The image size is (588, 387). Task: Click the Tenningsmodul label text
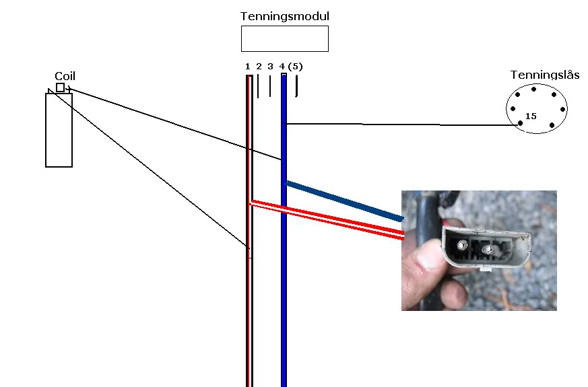pyautogui.click(x=285, y=16)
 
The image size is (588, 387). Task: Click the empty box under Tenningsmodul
pyautogui.click(x=285, y=38)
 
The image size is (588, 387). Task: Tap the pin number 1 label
pyautogui.click(x=247, y=67)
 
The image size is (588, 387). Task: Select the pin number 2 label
pyautogui.click(x=259, y=67)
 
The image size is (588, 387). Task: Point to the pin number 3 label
pyautogui.click(x=270, y=67)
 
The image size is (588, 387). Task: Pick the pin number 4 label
pyautogui.click(x=282, y=67)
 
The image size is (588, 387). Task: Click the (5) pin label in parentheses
pyautogui.click(x=295, y=67)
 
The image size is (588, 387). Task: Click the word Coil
pyautogui.click(x=65, y=77)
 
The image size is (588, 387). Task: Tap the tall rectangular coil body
pyautogui.click(x=59, y=130)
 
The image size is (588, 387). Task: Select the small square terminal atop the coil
pyautogui.click(x=60, y=87)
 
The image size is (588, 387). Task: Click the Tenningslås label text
pyautogui.click(x=545, y=75)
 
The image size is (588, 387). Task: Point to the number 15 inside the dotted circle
pyautogui.click(x=531, y=116)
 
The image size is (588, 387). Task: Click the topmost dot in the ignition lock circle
pyautogui.click(x=533, y=89)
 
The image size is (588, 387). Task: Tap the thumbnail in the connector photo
pyautogui.click(x=426, y=256)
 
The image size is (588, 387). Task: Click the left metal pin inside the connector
pyautogui.click(x=462, y=245)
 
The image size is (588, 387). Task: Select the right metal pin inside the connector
pyautogui.click(x=487, y=249)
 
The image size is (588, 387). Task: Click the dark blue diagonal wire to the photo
pyautogui.click(x=345, y=201)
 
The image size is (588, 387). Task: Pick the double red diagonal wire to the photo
pyautogui.click(x=327, y=219)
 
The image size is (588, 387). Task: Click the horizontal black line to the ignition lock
pyautogui.click(x=402, y=124)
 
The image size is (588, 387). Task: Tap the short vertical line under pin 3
pyautogui.click(x=270, y=86)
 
